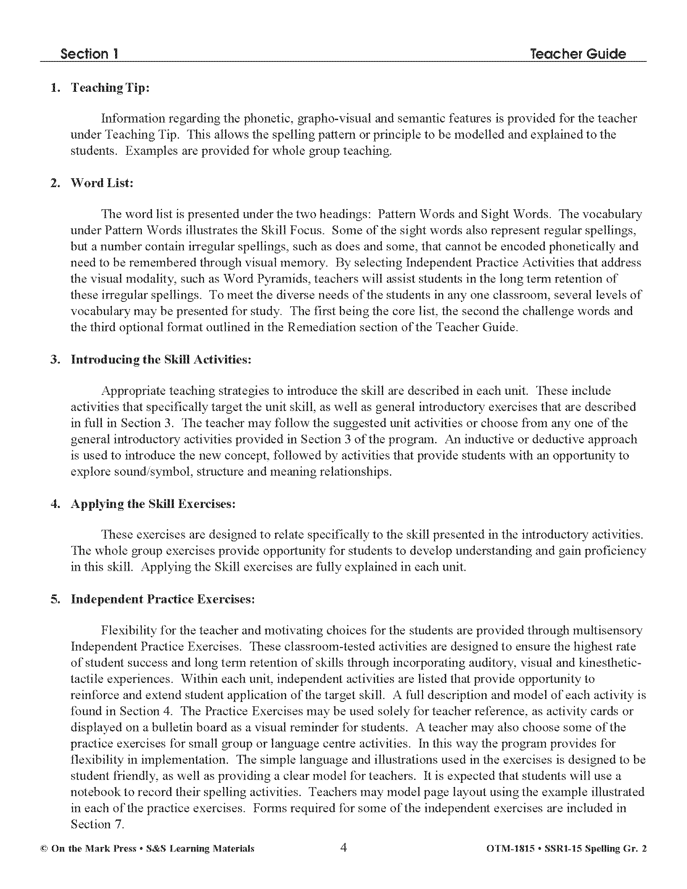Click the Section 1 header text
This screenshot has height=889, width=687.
89,54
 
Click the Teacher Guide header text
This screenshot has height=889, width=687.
578,54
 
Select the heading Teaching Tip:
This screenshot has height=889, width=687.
110,88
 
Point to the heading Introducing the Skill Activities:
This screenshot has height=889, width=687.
161,359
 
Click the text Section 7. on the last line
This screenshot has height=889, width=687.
97,824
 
